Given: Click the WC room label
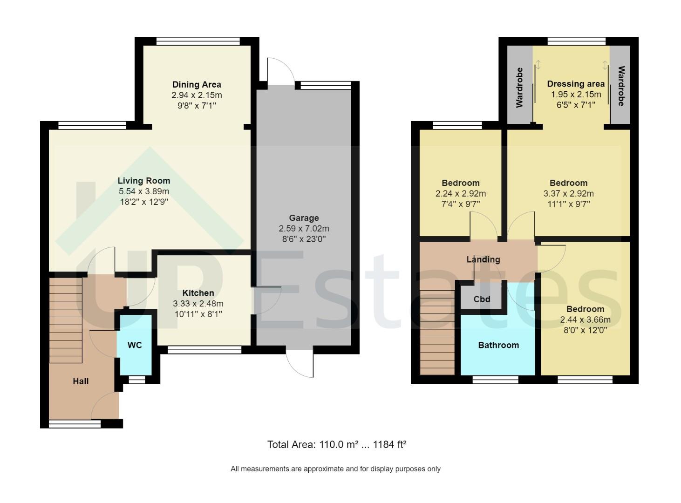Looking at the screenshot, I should click(135, 345).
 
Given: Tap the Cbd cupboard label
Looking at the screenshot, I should click(482, 299).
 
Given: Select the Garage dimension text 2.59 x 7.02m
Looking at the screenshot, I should click(304, 229).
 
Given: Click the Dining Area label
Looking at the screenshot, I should click(197, 84).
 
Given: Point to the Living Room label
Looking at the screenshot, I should click(143, 181).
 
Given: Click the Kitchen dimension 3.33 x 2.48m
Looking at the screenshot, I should click(198, 304).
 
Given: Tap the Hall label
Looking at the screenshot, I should click(81, 381).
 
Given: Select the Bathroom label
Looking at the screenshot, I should click(498, 345).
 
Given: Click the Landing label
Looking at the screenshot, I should click(483, 259).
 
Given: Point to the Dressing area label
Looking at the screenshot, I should click(576, 84).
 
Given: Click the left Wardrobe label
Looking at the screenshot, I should click(519, 87).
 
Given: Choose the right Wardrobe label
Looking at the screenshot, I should click(621, 86).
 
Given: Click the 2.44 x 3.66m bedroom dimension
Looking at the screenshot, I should click(585, 320).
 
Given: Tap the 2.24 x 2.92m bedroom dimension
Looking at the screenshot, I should click(460, 194).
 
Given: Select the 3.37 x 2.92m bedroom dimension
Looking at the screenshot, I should click(568, 194).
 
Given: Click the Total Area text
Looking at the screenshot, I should click(336, 444).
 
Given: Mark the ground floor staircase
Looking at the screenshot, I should click(66, 320).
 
